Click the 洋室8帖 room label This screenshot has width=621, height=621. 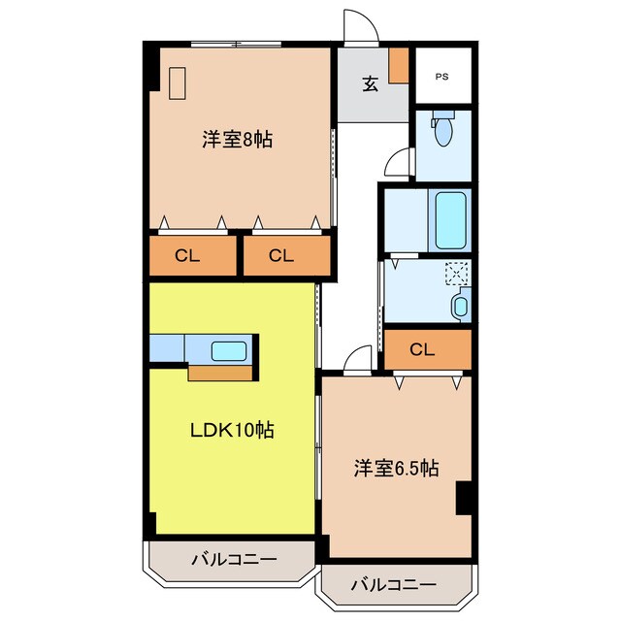coord(237,140)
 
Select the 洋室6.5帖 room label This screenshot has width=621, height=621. coord(395,469)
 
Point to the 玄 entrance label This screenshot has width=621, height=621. coord(371,84)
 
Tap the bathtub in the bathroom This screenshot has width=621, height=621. coord(450,220)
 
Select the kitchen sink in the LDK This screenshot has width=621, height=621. coord(230,350)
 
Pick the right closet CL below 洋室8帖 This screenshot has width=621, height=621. coord(280,256)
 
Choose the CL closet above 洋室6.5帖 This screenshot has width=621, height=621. coord(421,349)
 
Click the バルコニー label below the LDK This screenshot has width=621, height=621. coord(233,559)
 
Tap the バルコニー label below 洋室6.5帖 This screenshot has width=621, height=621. coord(393,584)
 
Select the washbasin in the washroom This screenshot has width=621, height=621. coord(460,308)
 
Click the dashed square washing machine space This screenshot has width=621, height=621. coord(456,274)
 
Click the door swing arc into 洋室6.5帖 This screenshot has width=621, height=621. coord(357,361)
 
